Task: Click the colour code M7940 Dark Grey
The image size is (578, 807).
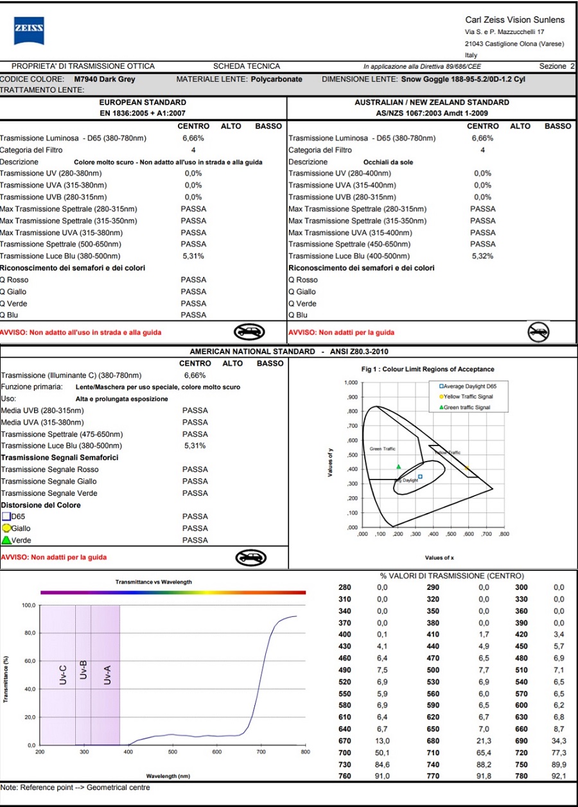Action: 105,80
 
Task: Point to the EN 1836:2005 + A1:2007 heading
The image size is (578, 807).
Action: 143,113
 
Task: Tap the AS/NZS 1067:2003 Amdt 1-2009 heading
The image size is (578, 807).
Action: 432,113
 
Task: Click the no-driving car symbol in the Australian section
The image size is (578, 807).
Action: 538,331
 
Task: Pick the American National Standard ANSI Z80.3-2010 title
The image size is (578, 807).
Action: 289,352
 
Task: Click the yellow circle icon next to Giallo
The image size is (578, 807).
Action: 6,528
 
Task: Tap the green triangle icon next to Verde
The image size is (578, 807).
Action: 6,540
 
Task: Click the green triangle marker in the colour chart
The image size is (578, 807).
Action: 398,467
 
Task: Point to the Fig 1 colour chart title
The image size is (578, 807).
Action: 428,369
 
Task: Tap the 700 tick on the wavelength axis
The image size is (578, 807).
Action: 261,752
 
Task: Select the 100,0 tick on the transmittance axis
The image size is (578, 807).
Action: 29,605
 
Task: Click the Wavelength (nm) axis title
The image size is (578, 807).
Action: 168,776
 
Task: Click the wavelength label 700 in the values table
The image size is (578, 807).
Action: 344,752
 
